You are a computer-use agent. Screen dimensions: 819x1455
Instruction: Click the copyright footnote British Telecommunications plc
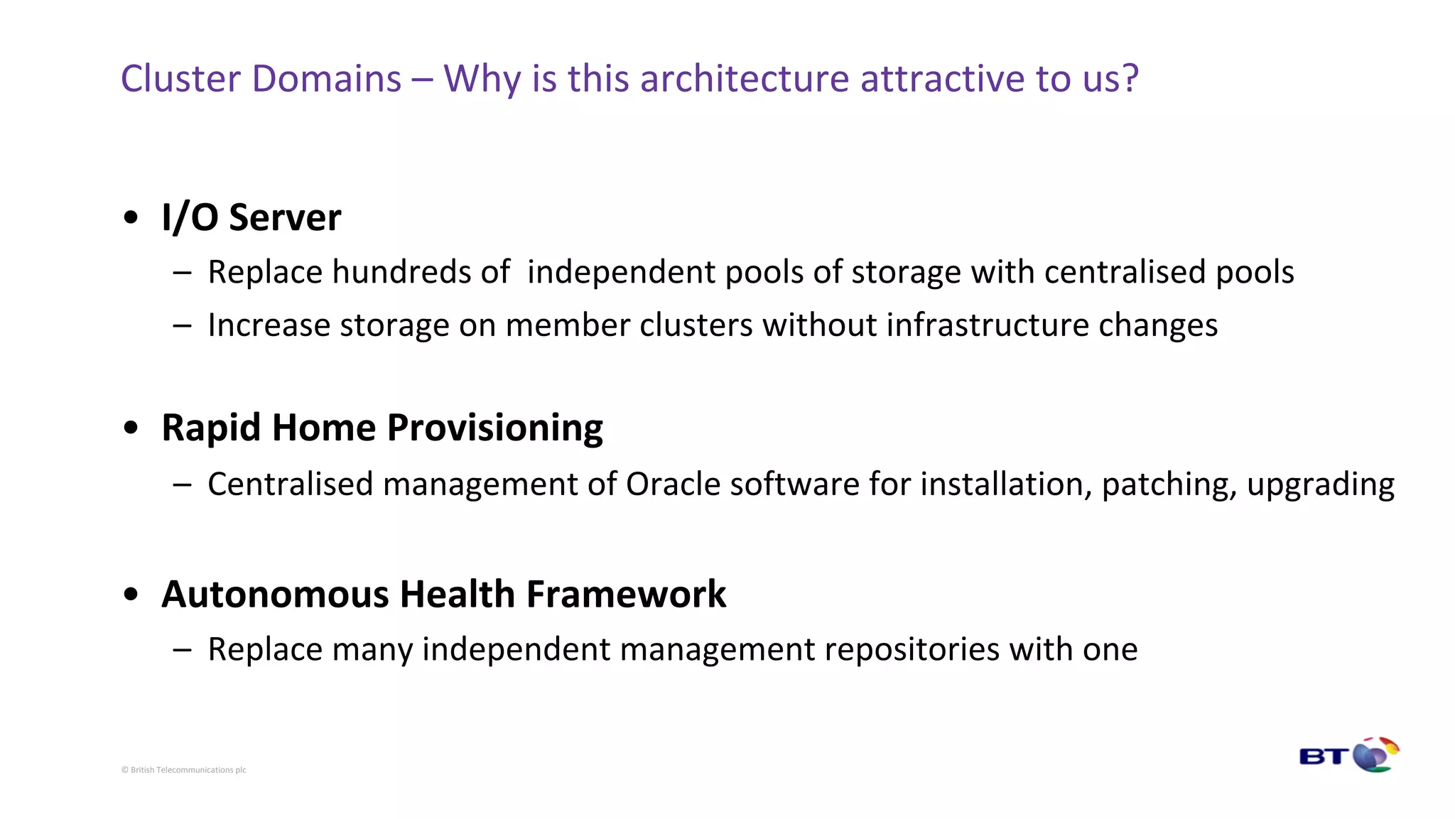[x=183, y=770]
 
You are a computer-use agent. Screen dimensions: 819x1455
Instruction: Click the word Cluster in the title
[x=180, y=78]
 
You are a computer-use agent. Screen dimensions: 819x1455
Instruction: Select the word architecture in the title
[x=745, y=78]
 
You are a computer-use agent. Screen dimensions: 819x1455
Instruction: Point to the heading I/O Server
[x=251, y=217]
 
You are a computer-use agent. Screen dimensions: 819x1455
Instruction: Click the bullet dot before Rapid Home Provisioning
[x=131, y=428]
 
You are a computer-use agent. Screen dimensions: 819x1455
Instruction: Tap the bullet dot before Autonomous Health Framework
[x=131, y=594]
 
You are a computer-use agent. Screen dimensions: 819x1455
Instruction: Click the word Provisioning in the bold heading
[x=494, y=428]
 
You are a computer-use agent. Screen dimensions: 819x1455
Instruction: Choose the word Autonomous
[x=275, y=594]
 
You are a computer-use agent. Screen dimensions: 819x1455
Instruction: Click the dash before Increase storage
[x=182, y=325]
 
